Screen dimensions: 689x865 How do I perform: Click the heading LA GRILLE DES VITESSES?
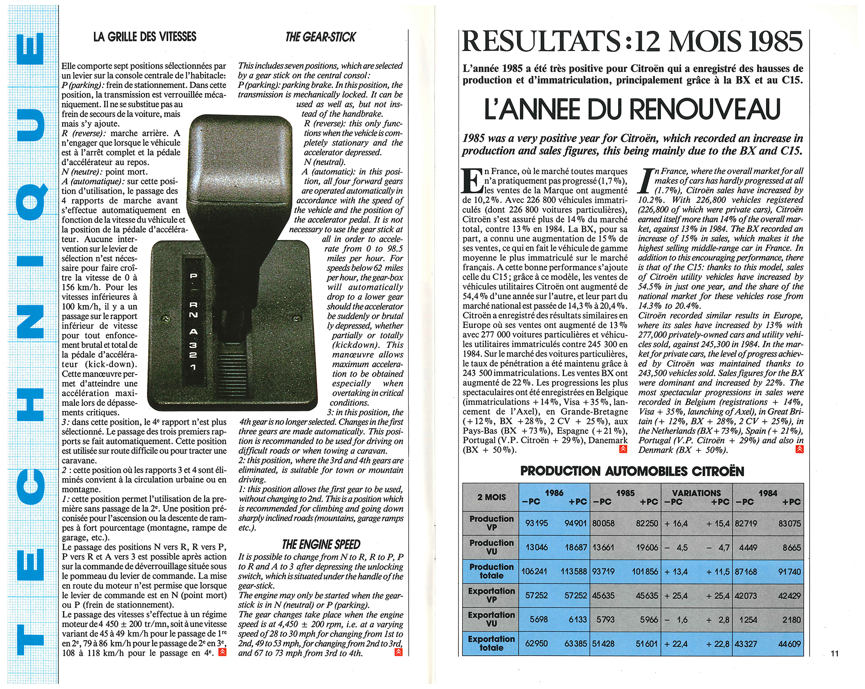pyautogui.click(x=145, y=37)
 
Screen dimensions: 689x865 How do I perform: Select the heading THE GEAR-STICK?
pyautogui.click(x=320, y=37)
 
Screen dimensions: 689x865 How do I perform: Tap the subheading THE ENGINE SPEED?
pyautogui.click(x=321, y=545)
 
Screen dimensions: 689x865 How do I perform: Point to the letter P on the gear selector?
pyautogui.click(x=193, y=276)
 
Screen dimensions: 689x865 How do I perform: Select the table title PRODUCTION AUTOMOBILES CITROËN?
pyautogui.click(x=632, y=471)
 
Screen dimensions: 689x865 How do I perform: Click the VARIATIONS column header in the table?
pyautogui.click(x=696, y=493)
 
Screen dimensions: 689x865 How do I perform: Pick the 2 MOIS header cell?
pyautogui.click(x=491, y=497)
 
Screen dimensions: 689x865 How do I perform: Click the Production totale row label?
pyautogui.click(x=491, y=571)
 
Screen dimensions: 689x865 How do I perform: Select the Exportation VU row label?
pyautogui.click(x=491, y=619)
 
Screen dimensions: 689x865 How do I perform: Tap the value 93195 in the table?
pyautogui.click(x=536, y=523)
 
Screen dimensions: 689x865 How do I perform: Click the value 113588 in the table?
pyautogui.click(x=573, y=572)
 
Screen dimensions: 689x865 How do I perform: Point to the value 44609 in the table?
pyautogui.click(x=789, y=644)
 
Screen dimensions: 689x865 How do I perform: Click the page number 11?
pyautogui.click(x=835, y=654)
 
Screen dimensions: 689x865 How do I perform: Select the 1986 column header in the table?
pyautogui.click(x=554, y=493)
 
